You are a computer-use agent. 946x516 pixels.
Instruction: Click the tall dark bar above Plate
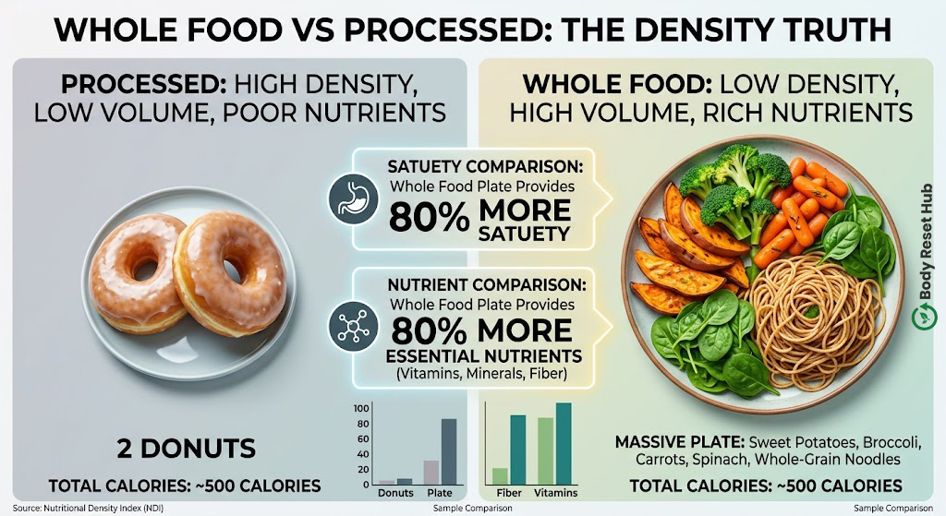click(x=449, y=451)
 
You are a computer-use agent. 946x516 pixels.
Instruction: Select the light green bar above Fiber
click(x=500, y=476)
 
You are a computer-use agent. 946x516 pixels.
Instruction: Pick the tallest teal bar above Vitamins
click(x=564, y=444)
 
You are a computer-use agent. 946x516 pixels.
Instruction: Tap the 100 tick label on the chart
click(x=361, y=409)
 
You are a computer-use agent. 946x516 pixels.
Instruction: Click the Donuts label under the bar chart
click(x=395, y=493)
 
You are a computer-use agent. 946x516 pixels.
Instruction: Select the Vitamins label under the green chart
click(x=555, y=493)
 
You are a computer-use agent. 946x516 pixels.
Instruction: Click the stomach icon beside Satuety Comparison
click(x=353, y=199)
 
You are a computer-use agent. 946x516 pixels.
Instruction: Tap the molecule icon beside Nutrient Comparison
click(x=353, y=326)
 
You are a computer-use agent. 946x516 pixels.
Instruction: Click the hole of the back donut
click(x=145, y=270)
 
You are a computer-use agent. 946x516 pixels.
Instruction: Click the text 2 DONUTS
click(x=187, y=449)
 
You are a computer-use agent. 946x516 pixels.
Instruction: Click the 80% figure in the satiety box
click(x=429, y=217)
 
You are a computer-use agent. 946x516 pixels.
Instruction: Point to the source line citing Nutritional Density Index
click(x=88, y=509)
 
